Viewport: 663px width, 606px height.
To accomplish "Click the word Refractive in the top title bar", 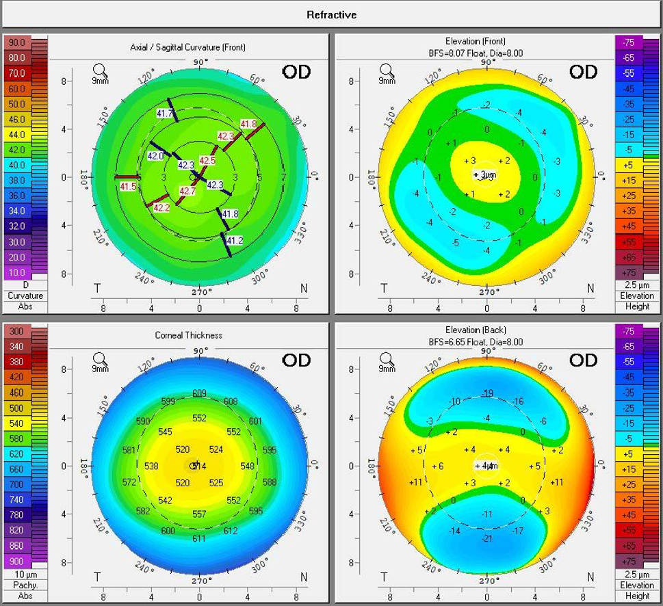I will point(332,14).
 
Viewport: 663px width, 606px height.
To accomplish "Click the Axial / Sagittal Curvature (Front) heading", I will point(187,47).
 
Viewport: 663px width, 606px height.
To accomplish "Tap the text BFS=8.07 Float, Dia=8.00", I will point(487,52).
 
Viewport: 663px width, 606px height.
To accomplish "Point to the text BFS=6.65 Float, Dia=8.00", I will point(487,341).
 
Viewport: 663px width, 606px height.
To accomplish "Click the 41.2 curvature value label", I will point(234,240).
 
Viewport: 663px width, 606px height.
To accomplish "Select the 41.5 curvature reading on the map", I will point(127,186).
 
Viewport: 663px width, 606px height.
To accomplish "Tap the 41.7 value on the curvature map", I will point(165,113).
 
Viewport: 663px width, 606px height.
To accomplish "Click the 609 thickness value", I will point(199,393).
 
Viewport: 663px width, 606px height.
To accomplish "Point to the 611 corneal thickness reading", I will point(198,539).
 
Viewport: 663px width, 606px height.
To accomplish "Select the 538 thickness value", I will point(152,466).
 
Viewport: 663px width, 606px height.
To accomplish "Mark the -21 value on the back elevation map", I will point(487,539).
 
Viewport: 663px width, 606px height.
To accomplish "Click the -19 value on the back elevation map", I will point(487,393).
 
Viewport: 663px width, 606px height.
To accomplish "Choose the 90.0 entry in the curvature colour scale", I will point(16,42).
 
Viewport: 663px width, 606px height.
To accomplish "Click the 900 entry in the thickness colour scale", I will point(15,561).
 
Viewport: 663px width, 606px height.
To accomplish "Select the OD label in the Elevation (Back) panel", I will point(584,360).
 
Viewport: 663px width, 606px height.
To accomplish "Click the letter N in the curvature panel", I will point(304,288).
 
